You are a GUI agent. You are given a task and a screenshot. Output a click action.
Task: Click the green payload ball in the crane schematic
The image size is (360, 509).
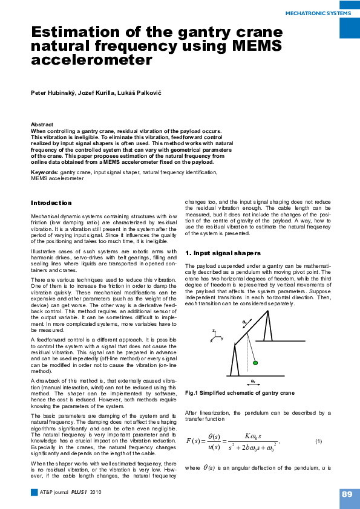[255, 363]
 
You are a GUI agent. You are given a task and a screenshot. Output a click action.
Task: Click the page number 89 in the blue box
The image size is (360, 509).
[347, 494]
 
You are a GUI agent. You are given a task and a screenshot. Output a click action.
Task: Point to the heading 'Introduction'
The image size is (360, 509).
[51, 203]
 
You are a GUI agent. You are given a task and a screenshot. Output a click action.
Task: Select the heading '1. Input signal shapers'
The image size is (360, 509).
[223, 253]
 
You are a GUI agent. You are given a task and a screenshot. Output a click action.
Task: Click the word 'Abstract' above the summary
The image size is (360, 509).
[42, 125]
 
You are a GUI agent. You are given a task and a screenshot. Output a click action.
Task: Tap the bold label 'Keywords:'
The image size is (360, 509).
[45, 173]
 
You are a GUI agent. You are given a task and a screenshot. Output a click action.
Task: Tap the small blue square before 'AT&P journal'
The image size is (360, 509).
[34, 493]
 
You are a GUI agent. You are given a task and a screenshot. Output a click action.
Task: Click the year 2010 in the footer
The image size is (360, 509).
[96, 493]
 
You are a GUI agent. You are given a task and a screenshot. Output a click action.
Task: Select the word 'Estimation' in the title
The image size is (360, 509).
[71, 32]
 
